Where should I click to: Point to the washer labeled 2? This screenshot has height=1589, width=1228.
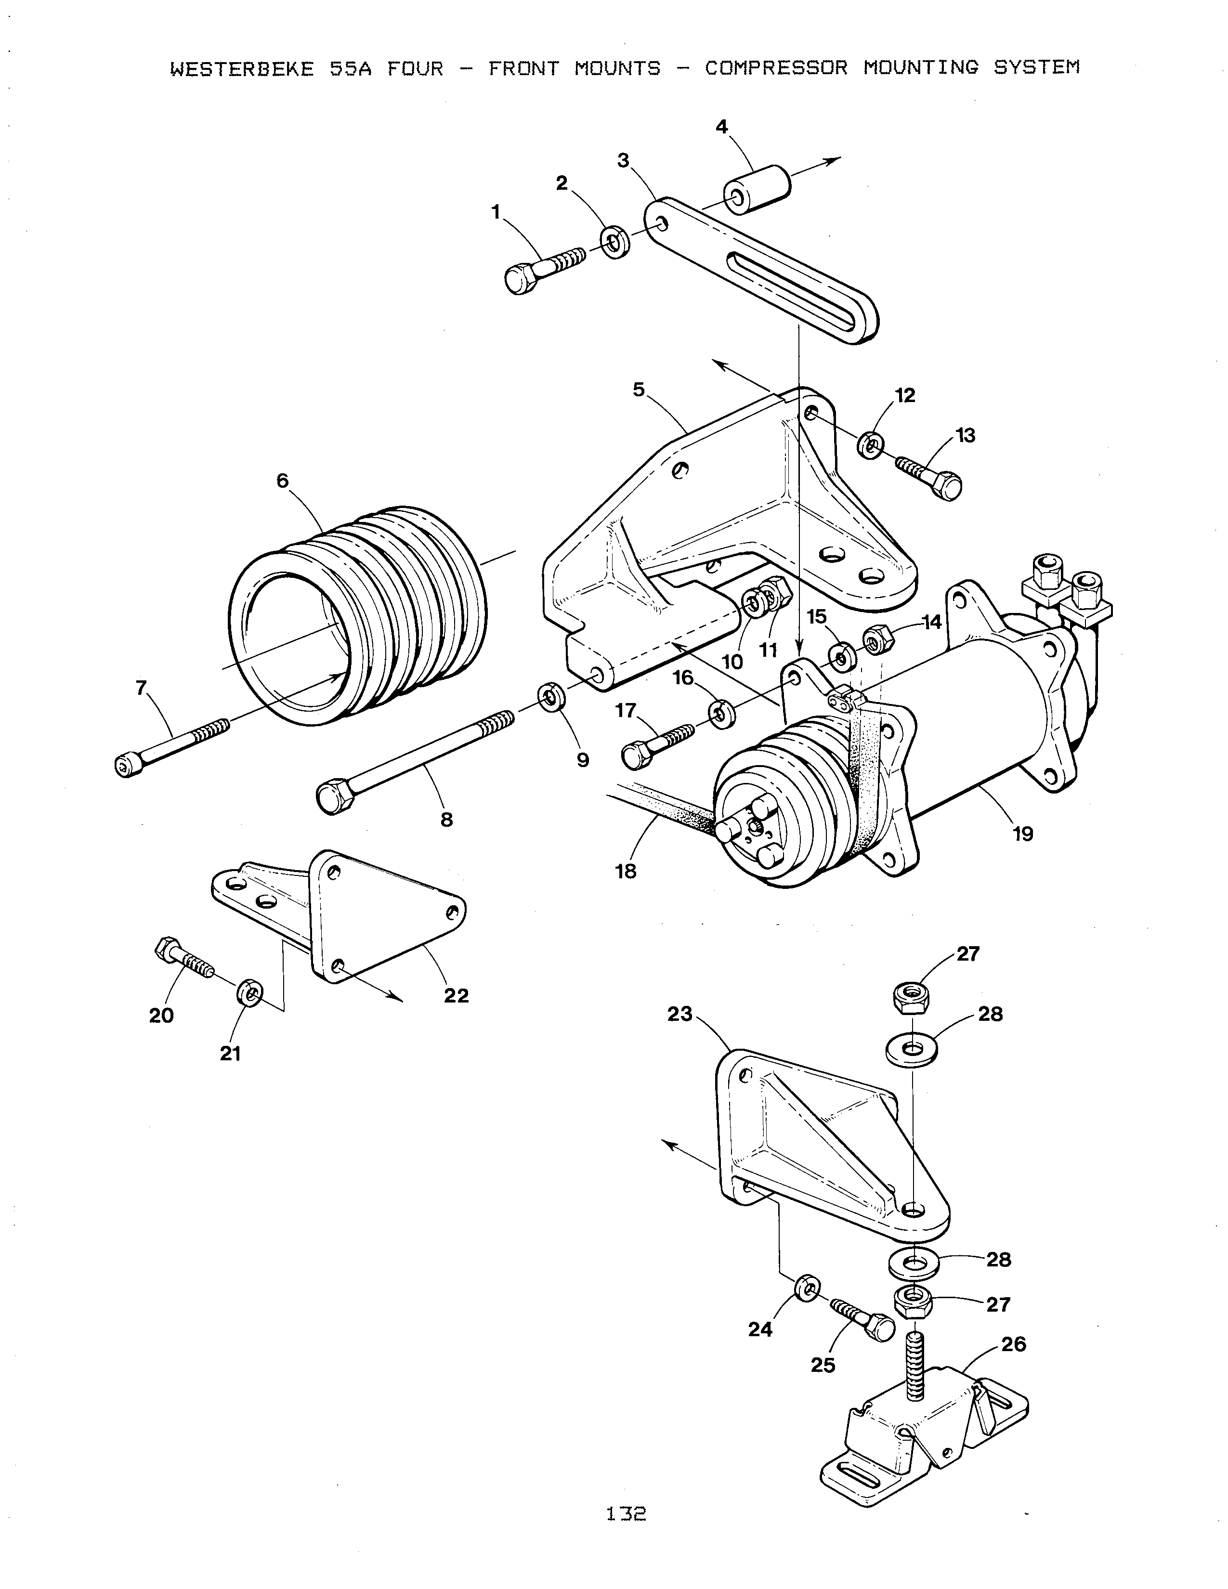615,242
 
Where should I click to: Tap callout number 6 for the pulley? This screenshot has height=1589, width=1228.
282,481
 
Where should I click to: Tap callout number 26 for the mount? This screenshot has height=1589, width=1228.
1013,1344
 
